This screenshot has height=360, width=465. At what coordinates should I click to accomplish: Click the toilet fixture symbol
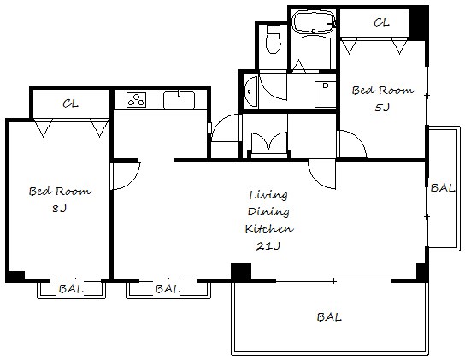coord(274,39)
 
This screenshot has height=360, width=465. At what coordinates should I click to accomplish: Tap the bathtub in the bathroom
coord(314,21)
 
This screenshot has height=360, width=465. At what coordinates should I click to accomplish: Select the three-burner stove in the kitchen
coord(137,100)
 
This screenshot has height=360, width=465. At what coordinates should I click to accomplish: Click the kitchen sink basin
coord(180,100)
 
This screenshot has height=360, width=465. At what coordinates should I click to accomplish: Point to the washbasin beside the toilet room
coord(251,91)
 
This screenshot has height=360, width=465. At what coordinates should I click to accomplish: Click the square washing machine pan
coord(325,94)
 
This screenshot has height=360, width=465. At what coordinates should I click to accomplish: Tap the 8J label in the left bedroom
coord(59,209)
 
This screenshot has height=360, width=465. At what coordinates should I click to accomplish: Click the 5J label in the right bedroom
coord(382,107)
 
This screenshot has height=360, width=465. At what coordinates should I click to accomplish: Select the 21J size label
coord(268,245)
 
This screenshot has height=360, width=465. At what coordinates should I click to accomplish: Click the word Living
coord(268,195)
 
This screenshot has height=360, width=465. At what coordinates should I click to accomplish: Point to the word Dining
coord(268,211)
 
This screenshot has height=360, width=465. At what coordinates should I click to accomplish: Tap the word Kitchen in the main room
coord(269,228)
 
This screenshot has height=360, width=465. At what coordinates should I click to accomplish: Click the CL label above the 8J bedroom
coord(71,103)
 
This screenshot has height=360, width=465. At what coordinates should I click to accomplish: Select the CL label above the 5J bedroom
coord(381,22)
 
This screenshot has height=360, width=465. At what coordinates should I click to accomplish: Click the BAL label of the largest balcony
coord(329,317)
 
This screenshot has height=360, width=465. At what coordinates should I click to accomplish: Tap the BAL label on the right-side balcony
coord(443,188)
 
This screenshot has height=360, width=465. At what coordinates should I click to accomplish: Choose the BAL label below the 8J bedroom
coord(71,288)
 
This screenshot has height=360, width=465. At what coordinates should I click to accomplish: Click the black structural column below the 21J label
coord(241,272)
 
